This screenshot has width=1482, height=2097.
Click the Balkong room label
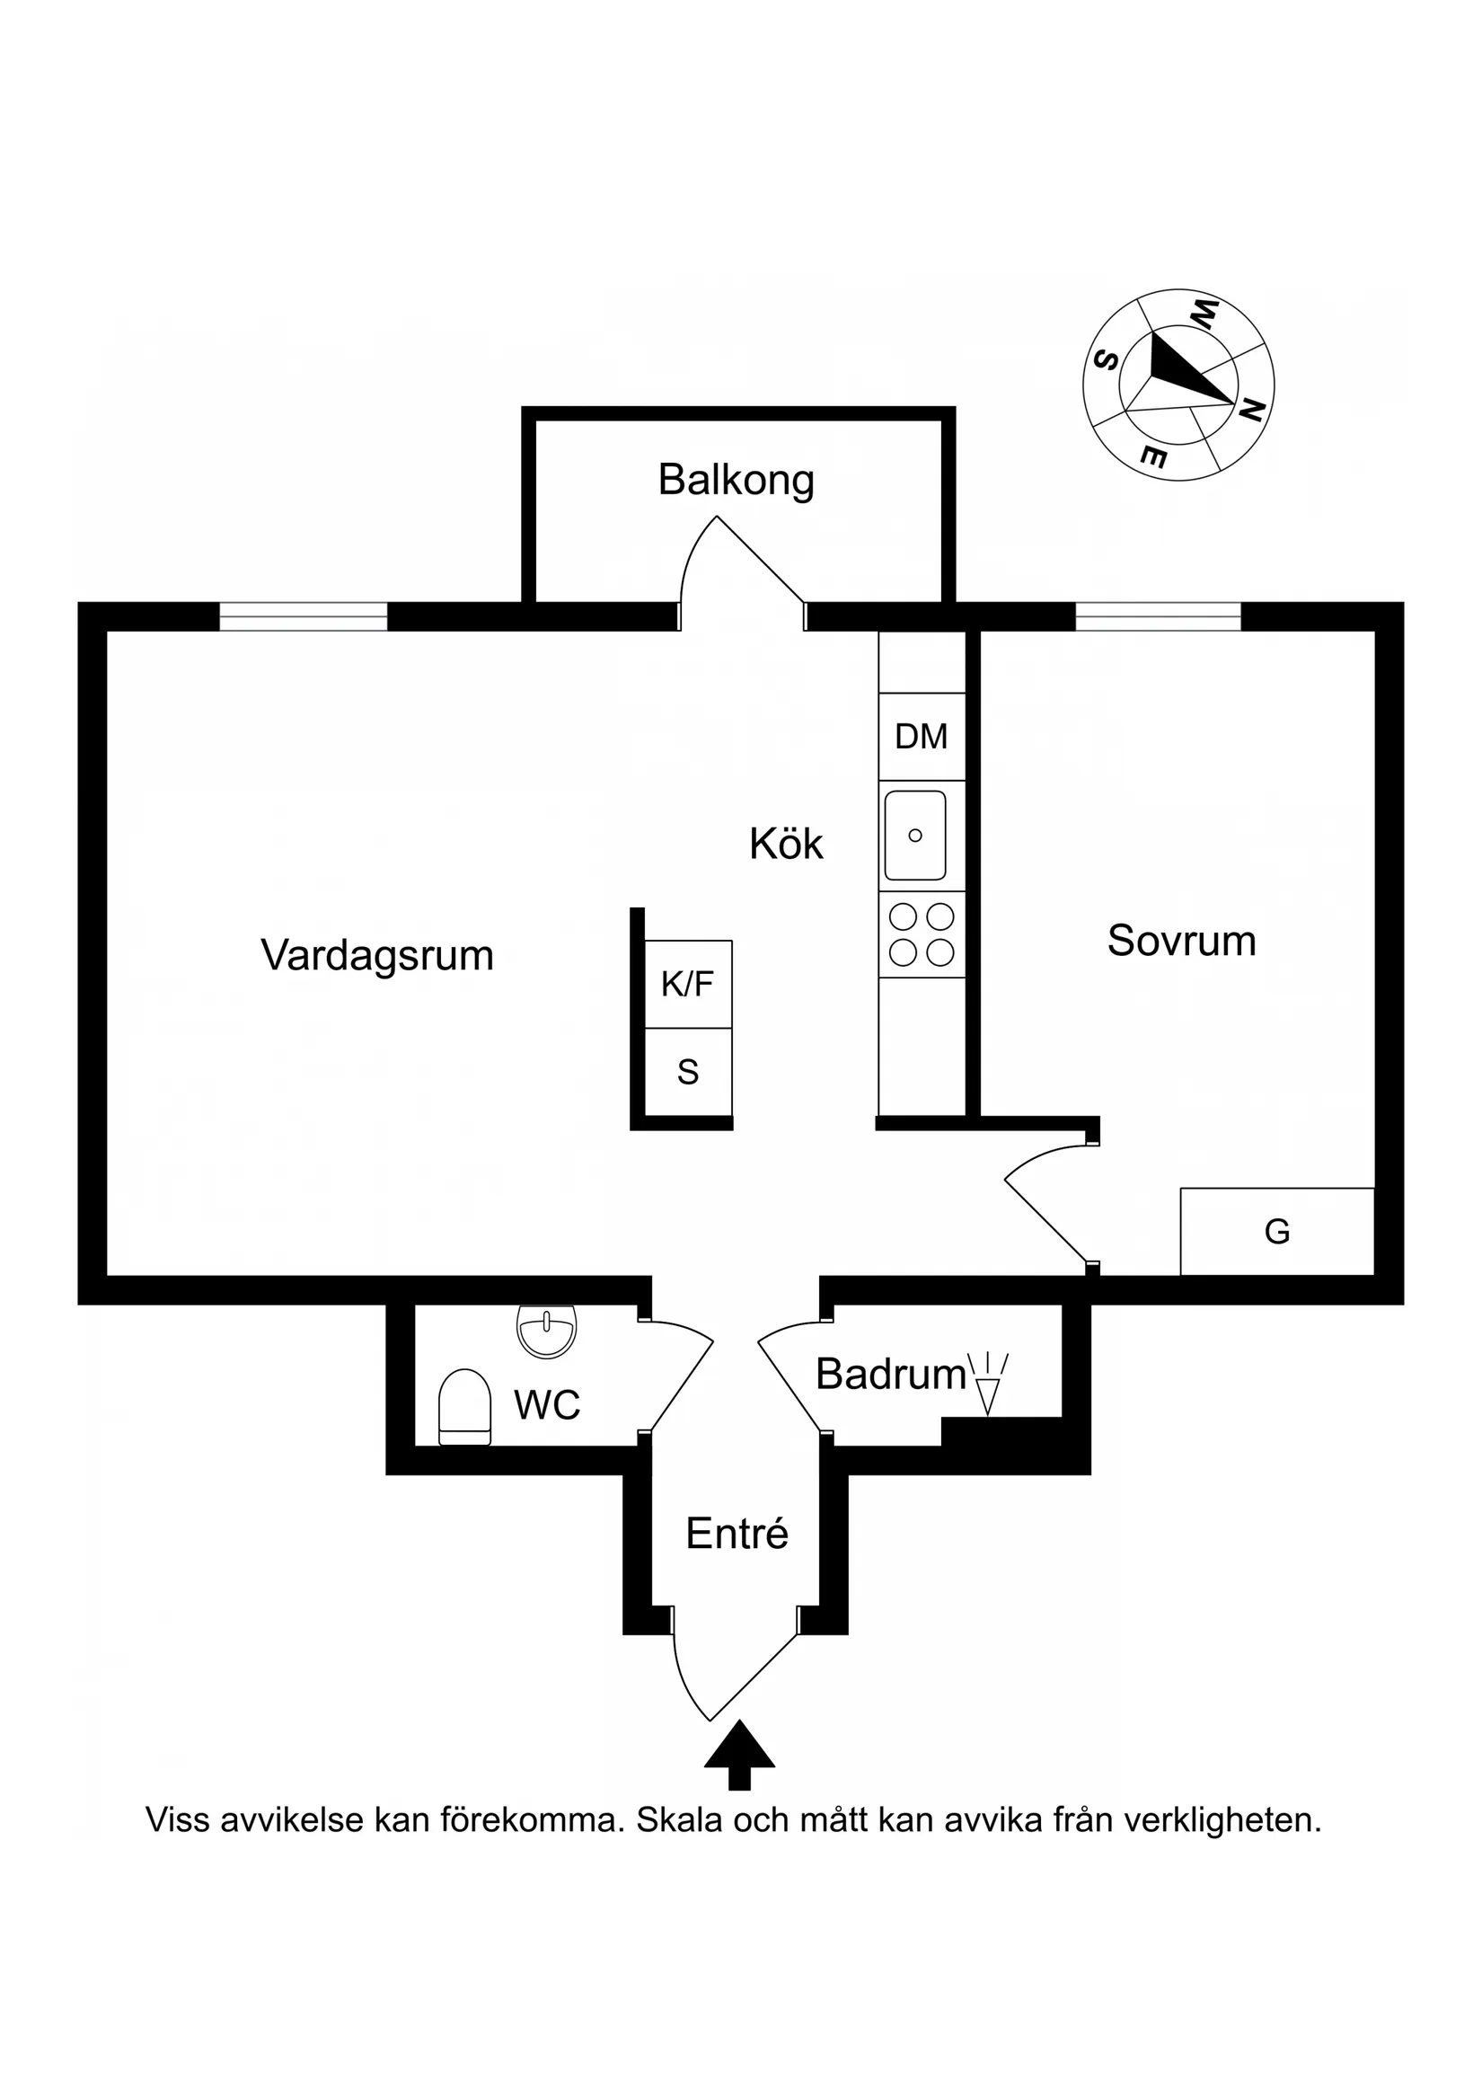(736, 481)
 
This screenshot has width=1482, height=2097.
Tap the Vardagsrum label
(377, 955)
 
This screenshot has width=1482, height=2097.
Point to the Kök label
(785, 844)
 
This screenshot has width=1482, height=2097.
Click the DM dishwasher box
(922, 736)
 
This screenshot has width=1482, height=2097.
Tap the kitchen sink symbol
(915, 835)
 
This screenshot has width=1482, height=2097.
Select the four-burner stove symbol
(922, 933)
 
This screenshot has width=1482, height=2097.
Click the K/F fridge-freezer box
(688, 984)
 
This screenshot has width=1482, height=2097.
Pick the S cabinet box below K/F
(688, 1071)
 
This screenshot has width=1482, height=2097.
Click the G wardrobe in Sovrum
(1276, 1232)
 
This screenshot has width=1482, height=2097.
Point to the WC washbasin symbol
(546, 1329)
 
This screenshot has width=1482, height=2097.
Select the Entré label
(736, 1534)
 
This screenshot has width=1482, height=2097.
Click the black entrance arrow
(738, 1756)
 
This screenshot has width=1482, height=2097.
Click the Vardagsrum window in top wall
(304, 616)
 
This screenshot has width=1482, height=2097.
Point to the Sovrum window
(1157, 616)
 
